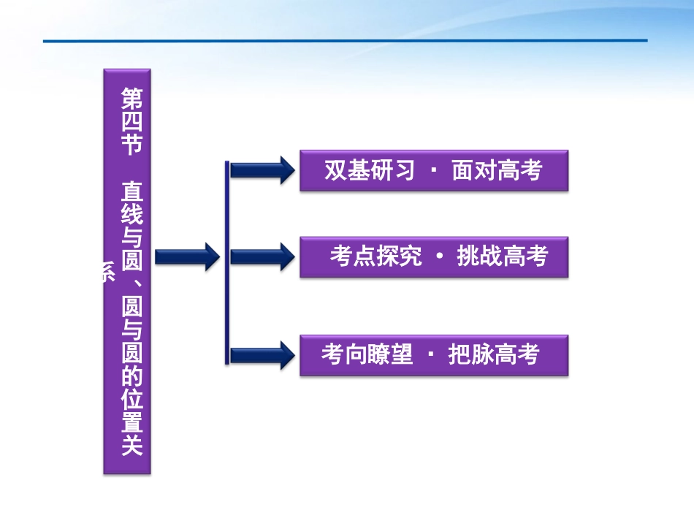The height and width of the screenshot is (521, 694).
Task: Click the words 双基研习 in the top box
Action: pos(369,171)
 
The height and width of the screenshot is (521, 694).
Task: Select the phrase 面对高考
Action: pos(497,171)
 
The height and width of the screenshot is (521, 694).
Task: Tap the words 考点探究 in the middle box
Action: pos(375,256)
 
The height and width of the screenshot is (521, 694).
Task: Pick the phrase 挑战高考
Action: pos(502,256)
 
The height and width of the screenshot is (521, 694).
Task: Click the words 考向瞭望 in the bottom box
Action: pos(367,355)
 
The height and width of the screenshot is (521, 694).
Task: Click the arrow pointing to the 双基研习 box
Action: pos(261,170)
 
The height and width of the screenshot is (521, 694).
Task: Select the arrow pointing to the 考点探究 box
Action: pos(261,256)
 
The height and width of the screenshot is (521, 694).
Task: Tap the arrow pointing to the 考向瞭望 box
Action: pos(261,355)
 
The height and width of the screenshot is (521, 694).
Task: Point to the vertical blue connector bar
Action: pos(227,262)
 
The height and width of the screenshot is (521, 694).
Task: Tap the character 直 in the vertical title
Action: pos(131,192)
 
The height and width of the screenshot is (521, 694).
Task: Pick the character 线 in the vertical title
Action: pos(131,216)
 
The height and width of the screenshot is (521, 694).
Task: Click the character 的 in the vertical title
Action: pos(131,376)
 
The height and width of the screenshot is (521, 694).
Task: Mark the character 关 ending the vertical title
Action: pos(131,445)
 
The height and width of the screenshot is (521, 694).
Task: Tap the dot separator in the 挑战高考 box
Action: pos(439,257)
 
